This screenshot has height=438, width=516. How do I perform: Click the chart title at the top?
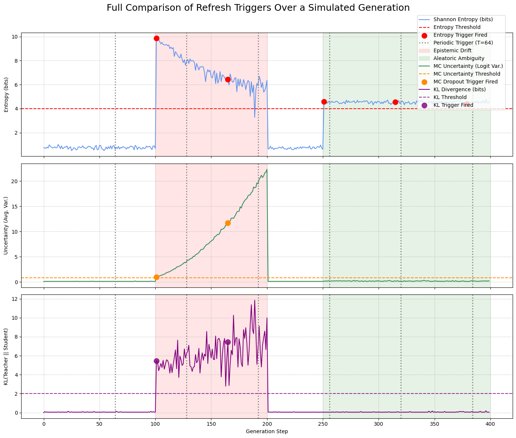point(258,8)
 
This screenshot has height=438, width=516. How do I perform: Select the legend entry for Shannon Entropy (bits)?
point(463,19)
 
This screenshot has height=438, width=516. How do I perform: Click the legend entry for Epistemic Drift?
point(451,50)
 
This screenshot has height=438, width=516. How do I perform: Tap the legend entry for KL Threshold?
point(450,97)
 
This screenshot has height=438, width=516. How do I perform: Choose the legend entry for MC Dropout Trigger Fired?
point(461,82)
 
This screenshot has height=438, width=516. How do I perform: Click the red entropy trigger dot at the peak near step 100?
point(156,39)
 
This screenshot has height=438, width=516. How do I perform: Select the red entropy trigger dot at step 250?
point(324,102)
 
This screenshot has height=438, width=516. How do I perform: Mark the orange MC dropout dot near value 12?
point(228,223)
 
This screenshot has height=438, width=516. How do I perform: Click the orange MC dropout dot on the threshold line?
point(156,277)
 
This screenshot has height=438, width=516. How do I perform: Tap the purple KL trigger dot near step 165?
point(228,342)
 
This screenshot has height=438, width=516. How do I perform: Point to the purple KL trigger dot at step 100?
point(156,361)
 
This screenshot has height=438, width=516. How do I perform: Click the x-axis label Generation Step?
point(267,431)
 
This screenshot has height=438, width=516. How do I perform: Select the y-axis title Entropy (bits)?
point(6,95)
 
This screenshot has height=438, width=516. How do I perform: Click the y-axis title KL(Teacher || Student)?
point(6,356)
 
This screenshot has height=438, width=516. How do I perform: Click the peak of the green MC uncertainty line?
point(267,169)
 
